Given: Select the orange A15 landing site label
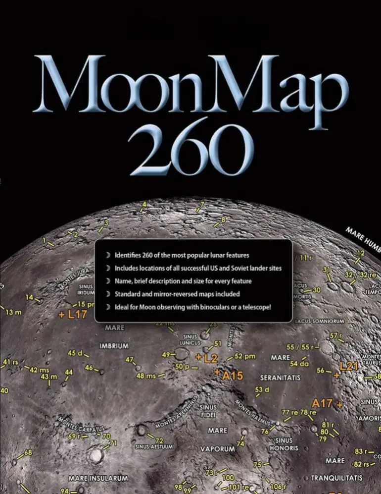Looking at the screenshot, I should [232, 376].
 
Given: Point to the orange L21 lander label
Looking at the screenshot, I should [348, 366].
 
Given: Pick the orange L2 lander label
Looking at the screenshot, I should [210, 357].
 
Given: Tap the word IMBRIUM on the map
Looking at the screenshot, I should [114, 345].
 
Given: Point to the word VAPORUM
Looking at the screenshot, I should [217, 449].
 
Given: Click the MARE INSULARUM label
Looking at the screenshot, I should [98, 479].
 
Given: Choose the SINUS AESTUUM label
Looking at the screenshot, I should [154, 446].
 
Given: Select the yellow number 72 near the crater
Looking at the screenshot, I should [159, 440].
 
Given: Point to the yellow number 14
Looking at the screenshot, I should [30, 297].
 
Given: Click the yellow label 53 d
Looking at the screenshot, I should [262, 390].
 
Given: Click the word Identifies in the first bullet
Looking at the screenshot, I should [130, 255].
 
